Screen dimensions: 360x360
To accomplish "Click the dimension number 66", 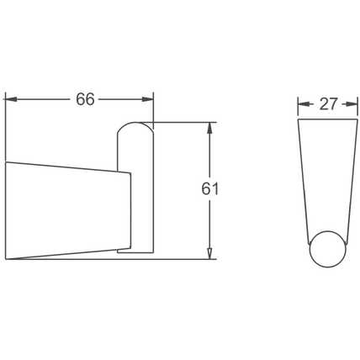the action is pos(86,99).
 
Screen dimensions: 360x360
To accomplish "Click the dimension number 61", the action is pos(209,188).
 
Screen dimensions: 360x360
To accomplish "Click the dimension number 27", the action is pos(328,104).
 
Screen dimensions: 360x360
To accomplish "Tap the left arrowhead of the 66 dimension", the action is pos(11,99).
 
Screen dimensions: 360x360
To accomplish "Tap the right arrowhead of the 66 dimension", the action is pos(148,99).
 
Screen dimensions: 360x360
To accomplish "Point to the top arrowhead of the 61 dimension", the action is pos(209,128).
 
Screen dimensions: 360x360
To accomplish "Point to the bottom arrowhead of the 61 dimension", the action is pos(209,253).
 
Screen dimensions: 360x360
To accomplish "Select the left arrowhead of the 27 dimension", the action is pos(304,104).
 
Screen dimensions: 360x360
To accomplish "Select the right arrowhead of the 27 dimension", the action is pos(352,104).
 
